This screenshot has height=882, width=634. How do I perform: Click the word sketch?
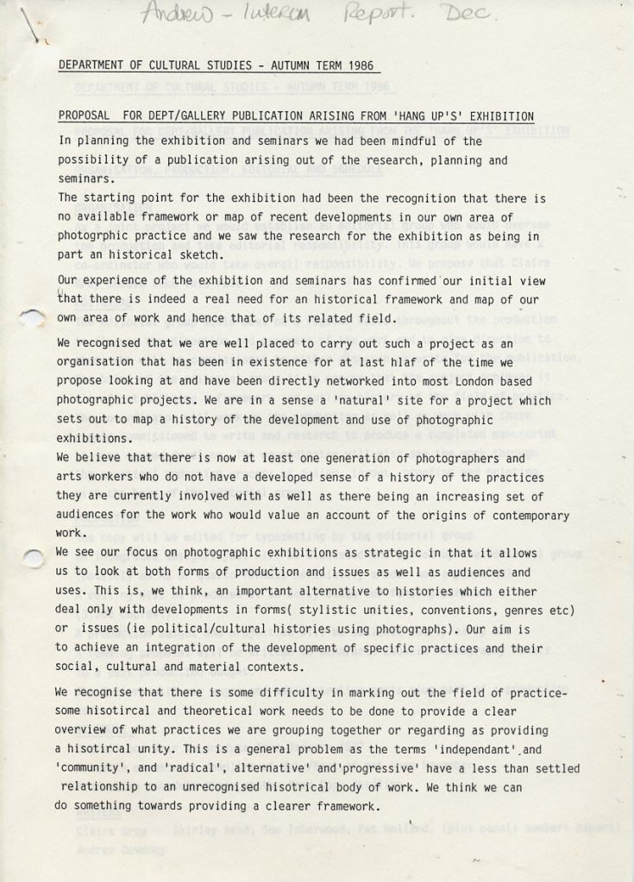205,255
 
